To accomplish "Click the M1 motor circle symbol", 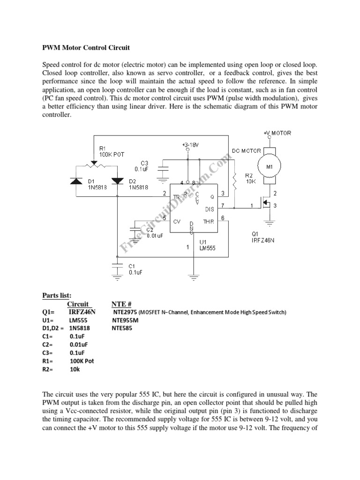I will click(270, 166).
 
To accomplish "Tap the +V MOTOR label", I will click(277, 133).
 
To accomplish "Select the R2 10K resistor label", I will click(249, 179).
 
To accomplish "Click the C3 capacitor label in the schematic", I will click(141, 166).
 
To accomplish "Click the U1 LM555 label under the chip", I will click(207, 245).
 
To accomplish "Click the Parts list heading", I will click(57, 295).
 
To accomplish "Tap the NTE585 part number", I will click(122, 329).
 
